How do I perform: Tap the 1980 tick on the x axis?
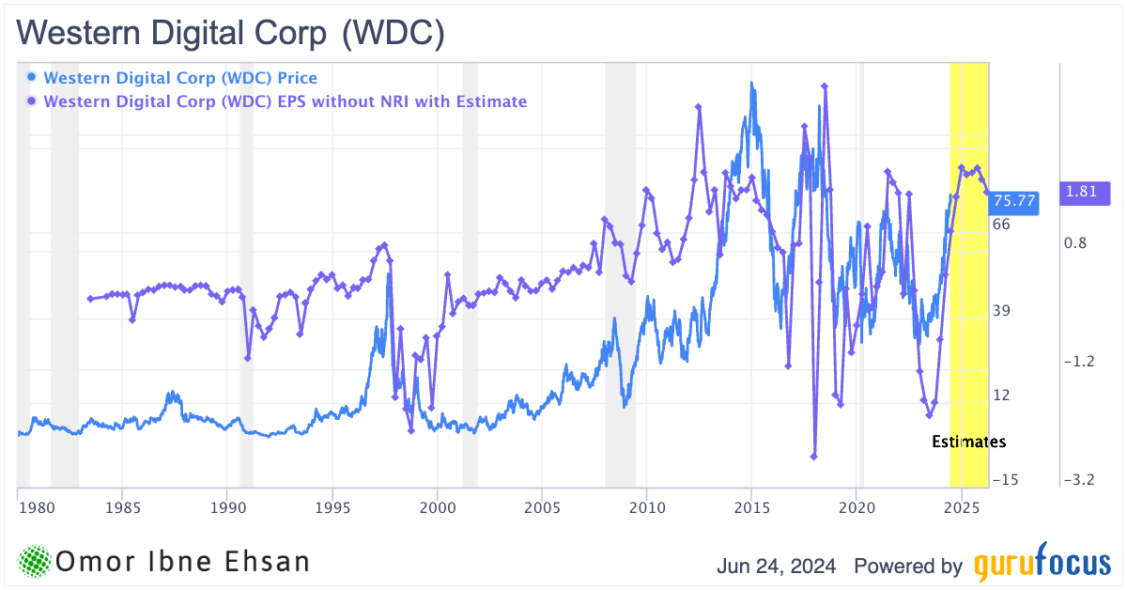(x=33, y=507)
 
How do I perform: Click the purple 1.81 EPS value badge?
(x=1085, y=193)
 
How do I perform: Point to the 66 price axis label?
(x=1001, y=224)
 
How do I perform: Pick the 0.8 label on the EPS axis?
(x=1075, y=242)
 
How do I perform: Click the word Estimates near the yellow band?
(x=968, y=442)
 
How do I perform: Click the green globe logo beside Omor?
(x=34, y=561)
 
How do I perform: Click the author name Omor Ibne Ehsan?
(x=183, y=562)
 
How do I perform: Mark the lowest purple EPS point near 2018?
(x=814, y=457)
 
